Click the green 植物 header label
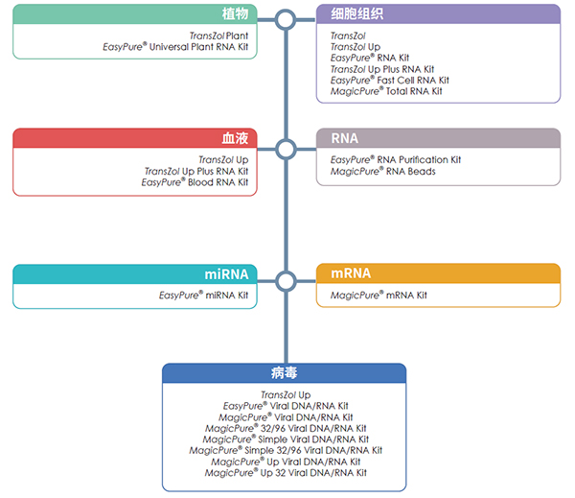[x=235, y=14]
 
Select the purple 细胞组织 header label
[x=356, y=14]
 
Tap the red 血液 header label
[x=235, y=138]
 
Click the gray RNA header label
[x=345, y=138]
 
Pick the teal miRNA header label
[x=226, y=274]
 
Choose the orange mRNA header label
[x=351, y=273]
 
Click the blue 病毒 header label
[x=285, y=372]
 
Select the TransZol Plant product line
[x=218, y=36]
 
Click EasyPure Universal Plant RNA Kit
[x=175, y=47]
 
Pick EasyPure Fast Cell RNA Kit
[x=390, y=80]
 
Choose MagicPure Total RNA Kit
[x=386, y=91]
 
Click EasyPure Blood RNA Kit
[x=195, y=182]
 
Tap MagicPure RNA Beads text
[x=383, y=171]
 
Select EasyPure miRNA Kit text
[x=203, y=296]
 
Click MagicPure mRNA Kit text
[x=379, y=296]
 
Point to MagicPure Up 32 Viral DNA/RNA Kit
[x=286, y=473]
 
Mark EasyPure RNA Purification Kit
[x=396, y=159]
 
